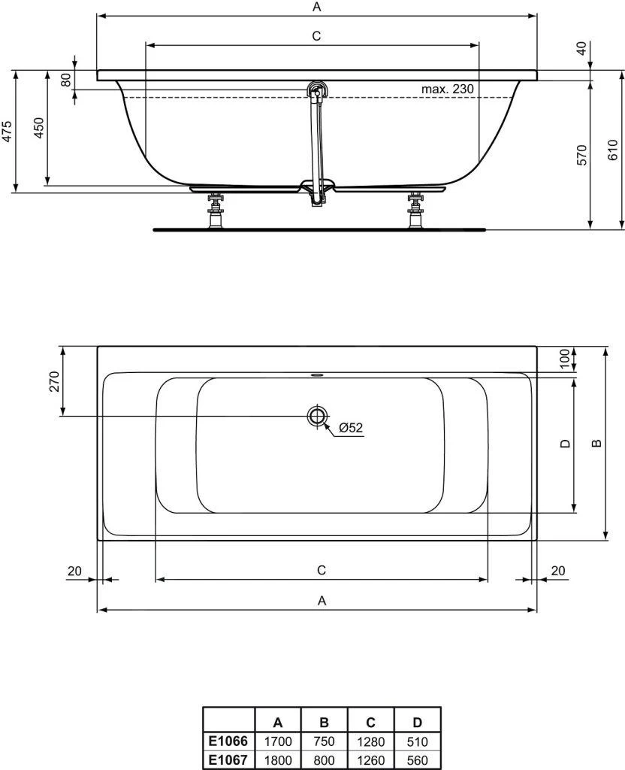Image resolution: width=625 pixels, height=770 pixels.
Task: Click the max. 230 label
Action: click(x=447, y=89)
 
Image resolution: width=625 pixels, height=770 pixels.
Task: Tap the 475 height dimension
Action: click(x=7, y=131)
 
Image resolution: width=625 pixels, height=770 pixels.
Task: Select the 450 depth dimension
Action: click(x=40, y=128)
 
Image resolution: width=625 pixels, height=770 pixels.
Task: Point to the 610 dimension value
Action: click(x=612, y=150)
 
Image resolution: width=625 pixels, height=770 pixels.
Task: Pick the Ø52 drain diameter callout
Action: click(x=350, y=427)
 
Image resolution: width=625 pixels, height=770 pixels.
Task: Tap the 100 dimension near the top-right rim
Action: click(x=565, y=359)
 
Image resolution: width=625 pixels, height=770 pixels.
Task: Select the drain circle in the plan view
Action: click(x=316, y=416)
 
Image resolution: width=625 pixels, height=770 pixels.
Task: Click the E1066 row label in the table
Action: click(x=229, y=741)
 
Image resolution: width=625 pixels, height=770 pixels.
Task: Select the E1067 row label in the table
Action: click(x=229, y=760)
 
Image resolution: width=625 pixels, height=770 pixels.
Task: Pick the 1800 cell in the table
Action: click(x=278, y=760)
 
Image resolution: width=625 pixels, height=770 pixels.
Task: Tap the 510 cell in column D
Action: click(x=417, y=741)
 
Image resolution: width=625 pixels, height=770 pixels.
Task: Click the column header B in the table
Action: click(x=324, y=723)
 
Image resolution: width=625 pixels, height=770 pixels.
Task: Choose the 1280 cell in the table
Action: click(x=370, y=741)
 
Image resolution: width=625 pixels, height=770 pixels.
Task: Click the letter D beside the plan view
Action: click(x=566, y=444)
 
